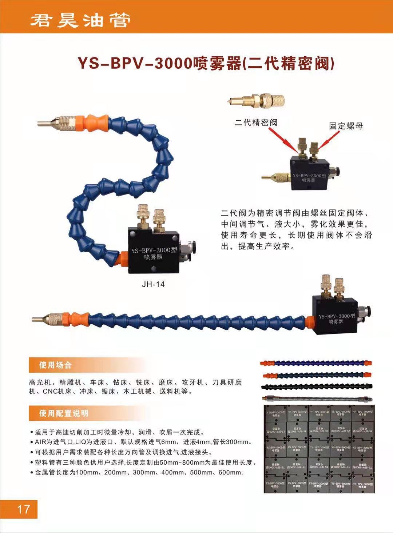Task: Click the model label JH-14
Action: (x=153, y=284)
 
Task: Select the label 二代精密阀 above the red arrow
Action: (x=256, y=123)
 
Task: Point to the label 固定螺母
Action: (x=346, y=126)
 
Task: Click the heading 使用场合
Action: (x=55, y=365)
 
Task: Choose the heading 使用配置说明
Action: (x=64, y=413)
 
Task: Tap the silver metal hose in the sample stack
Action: (x=317, y=397)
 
